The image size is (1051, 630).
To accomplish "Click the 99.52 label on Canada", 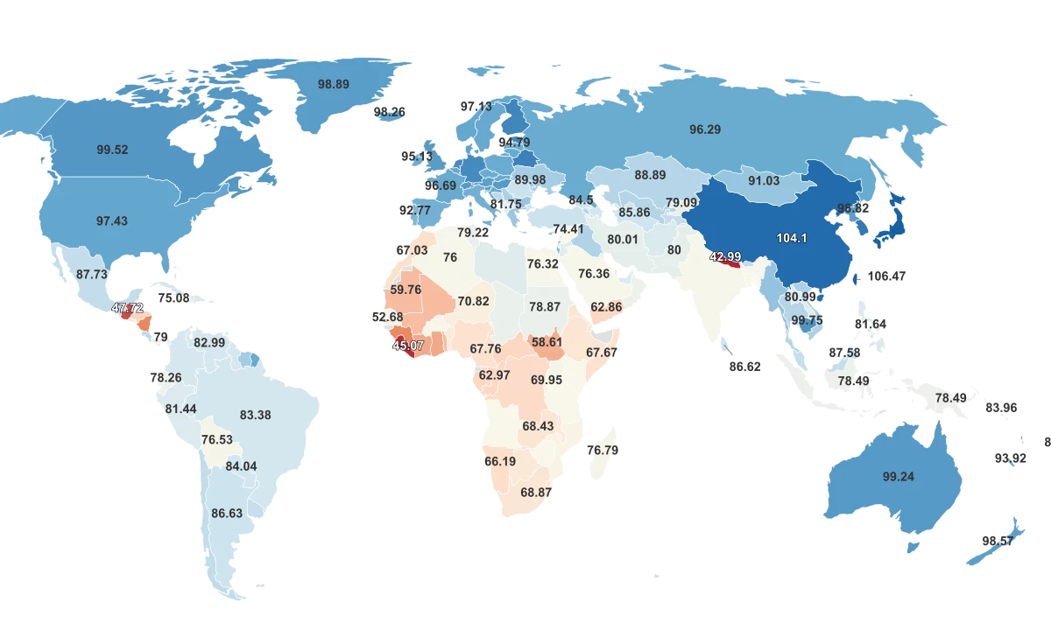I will point(112,150).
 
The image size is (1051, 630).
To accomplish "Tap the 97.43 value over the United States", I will point(111,221).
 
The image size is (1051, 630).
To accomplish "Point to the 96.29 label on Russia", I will point(705,129).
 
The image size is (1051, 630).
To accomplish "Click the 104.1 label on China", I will point(792,237).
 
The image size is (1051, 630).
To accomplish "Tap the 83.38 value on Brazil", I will point(255,415).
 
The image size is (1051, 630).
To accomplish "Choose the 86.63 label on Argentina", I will point(227,514).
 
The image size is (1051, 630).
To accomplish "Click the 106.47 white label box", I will point(886,276).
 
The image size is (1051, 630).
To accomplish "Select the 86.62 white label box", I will point(744,367).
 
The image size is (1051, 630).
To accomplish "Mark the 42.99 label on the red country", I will point(725,256).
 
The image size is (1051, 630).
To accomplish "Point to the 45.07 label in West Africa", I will point(408,346).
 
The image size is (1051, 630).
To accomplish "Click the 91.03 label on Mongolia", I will point(763,181).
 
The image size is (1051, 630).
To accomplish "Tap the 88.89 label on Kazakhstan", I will point(650,175).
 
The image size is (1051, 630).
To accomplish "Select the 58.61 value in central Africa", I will point(547,342).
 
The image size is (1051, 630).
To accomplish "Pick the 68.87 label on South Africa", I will point(536,493).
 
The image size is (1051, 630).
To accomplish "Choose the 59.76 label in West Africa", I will point(406,290).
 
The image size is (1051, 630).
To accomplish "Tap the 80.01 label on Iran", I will point(623,239).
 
